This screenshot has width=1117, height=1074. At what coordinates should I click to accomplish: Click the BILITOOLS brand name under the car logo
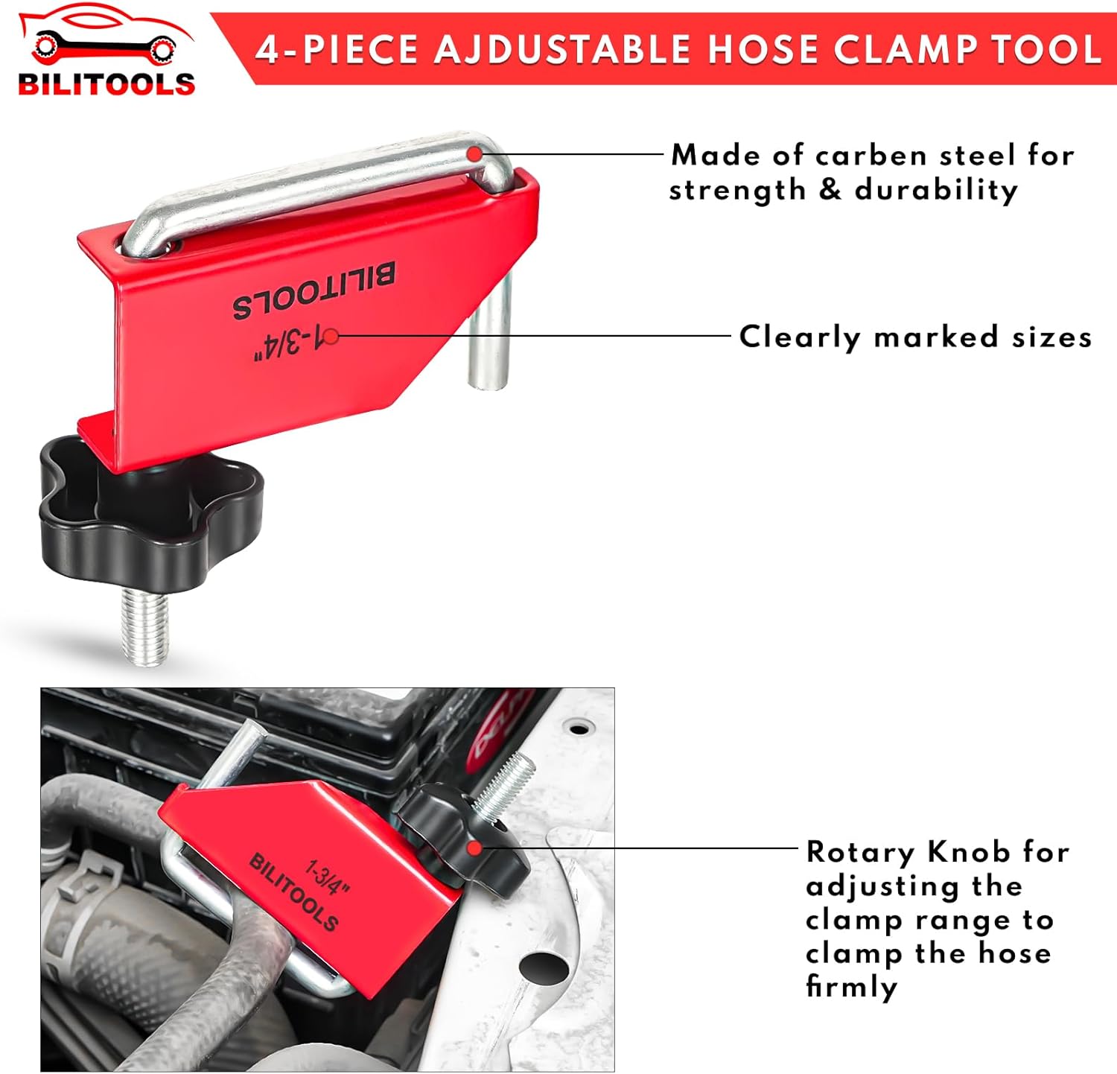(106, 83)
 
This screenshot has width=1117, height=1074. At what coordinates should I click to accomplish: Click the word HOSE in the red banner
(763, 50)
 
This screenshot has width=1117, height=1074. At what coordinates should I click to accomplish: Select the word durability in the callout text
(936, 191)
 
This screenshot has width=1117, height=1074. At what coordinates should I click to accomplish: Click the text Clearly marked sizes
(915, 337)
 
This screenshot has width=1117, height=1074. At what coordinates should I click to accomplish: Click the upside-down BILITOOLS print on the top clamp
(314, 290)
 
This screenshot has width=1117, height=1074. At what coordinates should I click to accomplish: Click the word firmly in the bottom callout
(851, 987)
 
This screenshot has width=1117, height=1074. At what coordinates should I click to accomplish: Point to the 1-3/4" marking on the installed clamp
(328, 877)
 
